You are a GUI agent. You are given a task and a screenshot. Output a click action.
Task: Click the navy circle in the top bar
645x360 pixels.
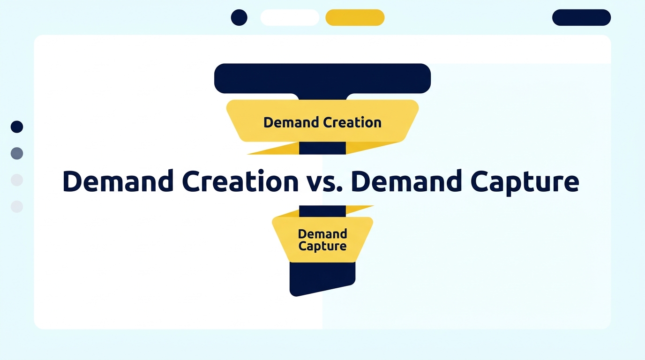(239, 17)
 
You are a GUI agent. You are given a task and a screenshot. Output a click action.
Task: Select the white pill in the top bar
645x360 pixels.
(290, 17)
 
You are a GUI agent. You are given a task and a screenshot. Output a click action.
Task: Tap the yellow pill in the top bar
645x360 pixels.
(355, 17)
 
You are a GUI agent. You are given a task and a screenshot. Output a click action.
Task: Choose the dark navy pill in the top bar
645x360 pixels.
(581, 17)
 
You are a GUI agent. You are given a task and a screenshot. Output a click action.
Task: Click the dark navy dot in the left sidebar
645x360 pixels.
(17, 127)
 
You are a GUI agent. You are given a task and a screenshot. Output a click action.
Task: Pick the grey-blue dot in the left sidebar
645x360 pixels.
(17, 153)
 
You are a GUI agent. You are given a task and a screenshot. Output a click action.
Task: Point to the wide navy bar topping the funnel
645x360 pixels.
(322, 78)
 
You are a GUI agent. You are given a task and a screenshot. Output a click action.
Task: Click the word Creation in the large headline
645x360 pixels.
(239, 182)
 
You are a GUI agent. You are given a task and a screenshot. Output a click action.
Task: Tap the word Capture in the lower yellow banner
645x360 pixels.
(322, 247)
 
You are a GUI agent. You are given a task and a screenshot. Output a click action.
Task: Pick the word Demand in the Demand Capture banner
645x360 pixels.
(322, 233)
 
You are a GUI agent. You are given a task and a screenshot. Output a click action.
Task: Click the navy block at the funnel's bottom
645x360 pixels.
(322, 277)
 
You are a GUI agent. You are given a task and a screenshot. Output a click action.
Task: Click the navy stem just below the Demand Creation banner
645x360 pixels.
(322, 148)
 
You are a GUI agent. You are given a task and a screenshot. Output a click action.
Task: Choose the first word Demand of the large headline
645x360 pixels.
(117, 182)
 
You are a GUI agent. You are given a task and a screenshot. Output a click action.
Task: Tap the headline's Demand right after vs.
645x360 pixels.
(405, 182)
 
